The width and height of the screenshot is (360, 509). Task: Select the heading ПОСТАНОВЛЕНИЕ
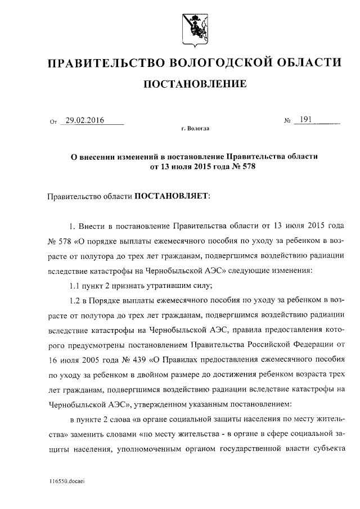[x=196, y=84]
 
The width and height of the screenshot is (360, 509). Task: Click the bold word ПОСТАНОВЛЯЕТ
[x=170, y=197]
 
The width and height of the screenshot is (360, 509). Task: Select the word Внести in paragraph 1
[x=91, y=227]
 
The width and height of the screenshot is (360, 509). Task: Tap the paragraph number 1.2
[x=75, y=300]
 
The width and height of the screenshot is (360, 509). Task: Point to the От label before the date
[x=53, y=121]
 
